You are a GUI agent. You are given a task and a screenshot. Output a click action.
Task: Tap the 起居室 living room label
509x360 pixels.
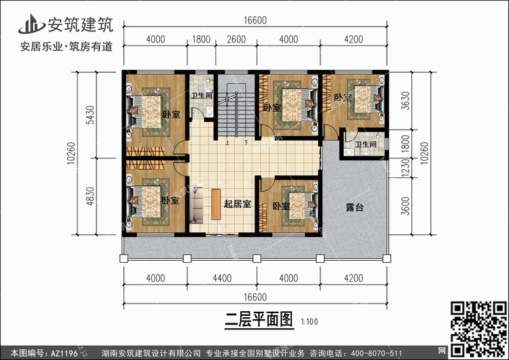tap(238, 204)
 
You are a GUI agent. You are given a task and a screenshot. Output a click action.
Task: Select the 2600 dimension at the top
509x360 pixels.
tap(236, 39)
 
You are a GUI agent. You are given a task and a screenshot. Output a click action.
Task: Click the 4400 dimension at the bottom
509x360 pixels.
tap(223, 278)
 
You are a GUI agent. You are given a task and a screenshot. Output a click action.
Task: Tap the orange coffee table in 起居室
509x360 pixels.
tap(215, 204)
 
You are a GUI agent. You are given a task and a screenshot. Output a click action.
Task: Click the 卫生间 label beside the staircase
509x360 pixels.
tap(202, 96)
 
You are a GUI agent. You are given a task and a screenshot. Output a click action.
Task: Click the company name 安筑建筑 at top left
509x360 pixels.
tap(75, 24)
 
